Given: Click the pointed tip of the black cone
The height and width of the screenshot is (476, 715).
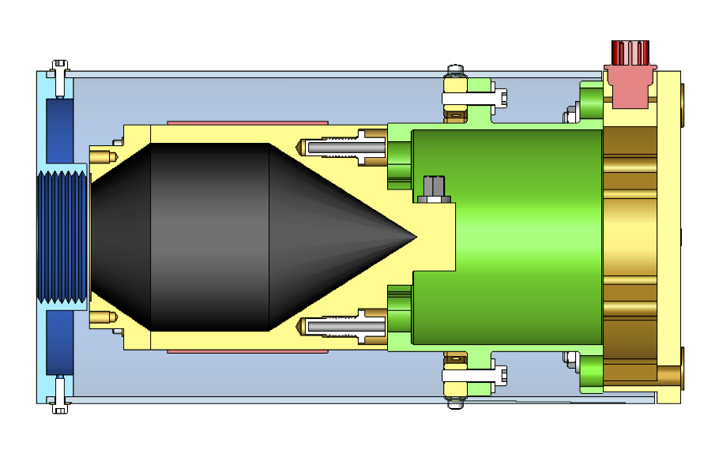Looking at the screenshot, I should tap(414, 236).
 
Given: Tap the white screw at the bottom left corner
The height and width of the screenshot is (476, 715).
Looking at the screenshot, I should tap(59, 403).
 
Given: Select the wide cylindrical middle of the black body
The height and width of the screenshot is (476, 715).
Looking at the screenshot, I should tap(209, 236).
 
